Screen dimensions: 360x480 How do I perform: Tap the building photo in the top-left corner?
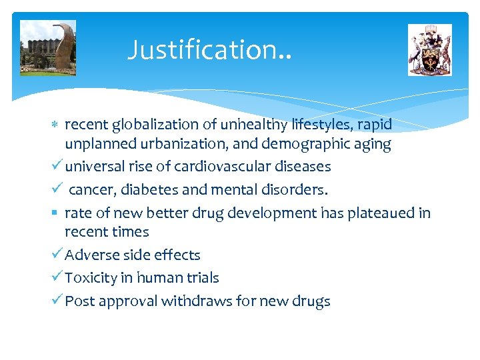point(48,47)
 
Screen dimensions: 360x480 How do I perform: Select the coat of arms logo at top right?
point(429,50)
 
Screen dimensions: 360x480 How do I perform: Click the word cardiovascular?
point(219,167)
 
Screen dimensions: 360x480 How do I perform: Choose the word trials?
point(201,277)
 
